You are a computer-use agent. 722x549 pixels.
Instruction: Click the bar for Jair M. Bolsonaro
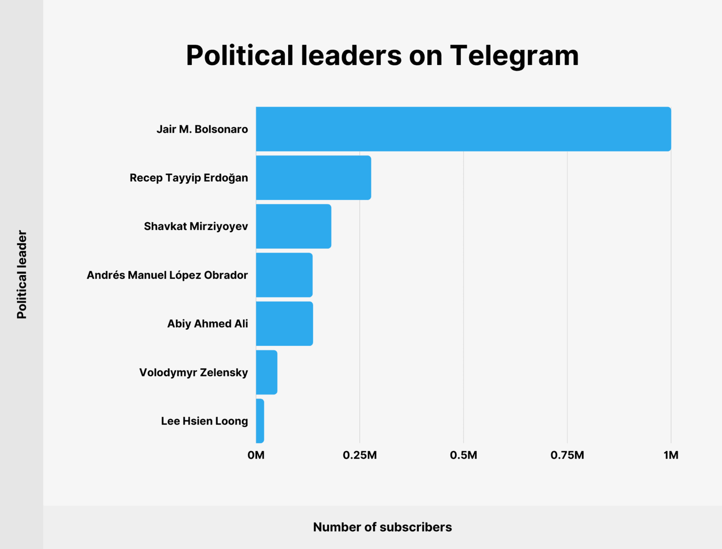[463, 129]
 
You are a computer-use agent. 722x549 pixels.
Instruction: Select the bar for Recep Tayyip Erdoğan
[313, 178]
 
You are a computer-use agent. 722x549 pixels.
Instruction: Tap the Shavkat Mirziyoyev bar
[293, 226]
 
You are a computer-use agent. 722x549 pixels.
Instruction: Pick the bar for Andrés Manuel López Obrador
[284, 275]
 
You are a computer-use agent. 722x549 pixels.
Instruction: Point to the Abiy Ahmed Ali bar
[284, 324]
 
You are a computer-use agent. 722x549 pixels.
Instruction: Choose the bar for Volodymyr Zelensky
[267, 372]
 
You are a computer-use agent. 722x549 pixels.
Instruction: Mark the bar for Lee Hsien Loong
[260, 421]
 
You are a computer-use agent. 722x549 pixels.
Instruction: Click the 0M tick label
[256, 455]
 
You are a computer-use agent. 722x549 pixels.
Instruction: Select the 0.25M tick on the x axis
[360, 455]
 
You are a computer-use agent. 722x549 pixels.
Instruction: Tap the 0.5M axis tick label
[463, 455]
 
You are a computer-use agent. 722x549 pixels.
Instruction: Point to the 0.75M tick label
[567, 455]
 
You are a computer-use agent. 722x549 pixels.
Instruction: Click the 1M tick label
[671, 455]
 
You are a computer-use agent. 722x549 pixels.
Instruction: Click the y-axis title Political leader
[22, 274]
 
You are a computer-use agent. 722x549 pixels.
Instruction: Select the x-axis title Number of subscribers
[382, 527]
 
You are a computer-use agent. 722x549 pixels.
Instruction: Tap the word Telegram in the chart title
[514, 56]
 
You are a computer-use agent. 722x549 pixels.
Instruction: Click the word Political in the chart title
[240, 56]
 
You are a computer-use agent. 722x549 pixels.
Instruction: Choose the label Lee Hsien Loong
[204, 421]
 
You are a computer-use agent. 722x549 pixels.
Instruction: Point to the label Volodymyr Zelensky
[193, 373]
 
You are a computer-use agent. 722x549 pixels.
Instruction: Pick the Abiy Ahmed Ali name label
[207, 324]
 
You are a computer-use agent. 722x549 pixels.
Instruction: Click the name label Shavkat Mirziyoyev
[196, 226]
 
